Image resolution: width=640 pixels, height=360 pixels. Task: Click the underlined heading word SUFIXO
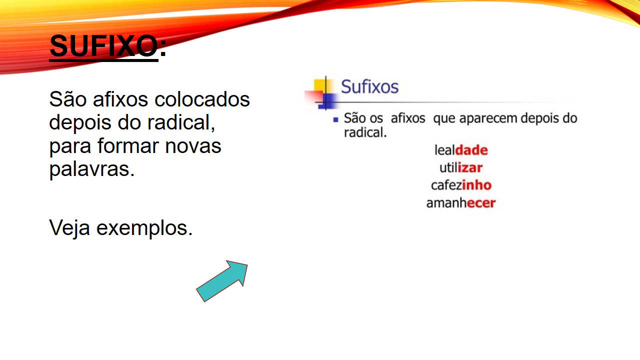[x=103, y=46]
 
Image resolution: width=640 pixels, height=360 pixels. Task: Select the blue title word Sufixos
[x=369, y=86]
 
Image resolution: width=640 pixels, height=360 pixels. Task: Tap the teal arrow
[x=222, y=281]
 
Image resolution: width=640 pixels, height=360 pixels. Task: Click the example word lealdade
[x=461, y=150]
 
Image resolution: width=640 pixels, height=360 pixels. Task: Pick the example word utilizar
[x=461, y=167]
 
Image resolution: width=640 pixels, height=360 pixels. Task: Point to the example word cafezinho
[x=461, y=185]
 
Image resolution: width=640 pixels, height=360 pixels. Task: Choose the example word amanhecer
[x=461, y=203]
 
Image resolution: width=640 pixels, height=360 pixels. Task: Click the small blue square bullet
[x=335, y=119]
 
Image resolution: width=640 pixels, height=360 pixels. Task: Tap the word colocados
[x=202, y=99]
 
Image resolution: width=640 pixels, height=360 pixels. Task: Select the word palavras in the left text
[x=91, y=169]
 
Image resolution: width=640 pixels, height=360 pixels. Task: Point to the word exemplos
[x=144, y=228]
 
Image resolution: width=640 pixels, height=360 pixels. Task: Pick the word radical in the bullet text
[x=365, y=132]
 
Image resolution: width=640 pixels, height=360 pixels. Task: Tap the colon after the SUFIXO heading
[x=163, y=49]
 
